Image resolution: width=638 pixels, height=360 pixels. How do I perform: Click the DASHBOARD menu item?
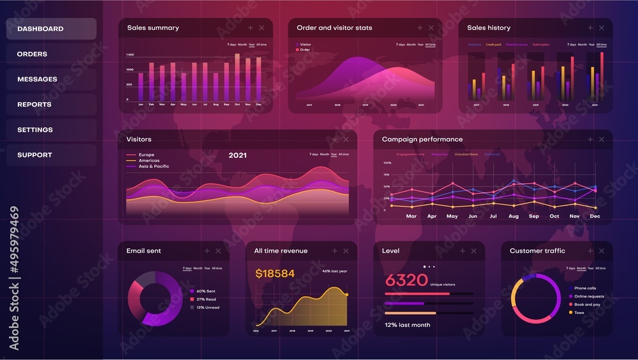click(x=40, y=29)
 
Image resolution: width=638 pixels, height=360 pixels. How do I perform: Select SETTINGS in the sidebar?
click(x=35, y=130)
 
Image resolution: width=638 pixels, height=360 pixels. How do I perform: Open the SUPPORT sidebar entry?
click(x=34, y=155)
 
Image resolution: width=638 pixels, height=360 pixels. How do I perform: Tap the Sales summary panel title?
click(x=152, y=28)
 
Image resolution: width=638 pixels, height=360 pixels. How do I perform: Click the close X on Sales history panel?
click(x=602, y=28)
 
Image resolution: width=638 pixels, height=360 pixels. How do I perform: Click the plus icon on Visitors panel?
click(x=334, y=139)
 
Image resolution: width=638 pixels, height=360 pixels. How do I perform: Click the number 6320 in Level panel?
click(x=406, y=280)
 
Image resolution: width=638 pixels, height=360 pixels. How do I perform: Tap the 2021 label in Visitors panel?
click(x=237, y=155)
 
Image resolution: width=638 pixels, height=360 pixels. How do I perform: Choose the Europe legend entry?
click(x=146, y=155)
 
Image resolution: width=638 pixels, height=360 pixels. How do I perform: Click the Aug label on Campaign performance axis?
click(x=514, y=216)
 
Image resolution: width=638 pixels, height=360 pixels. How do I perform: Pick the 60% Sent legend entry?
click(x=205, y=291)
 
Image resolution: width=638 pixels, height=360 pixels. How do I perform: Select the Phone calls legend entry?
click(x=584, y=289)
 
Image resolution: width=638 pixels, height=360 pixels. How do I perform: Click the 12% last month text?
click(x=407, y=325)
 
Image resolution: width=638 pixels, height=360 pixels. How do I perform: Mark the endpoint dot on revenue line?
click(x=346, y=294)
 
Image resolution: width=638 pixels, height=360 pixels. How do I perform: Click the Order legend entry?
click(x=304, y=50)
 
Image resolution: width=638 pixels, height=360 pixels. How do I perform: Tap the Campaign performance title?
click(x=422, y=139)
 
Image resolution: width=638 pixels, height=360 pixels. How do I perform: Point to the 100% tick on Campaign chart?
click(x=387, y=163)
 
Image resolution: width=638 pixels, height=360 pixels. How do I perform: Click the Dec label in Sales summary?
click(x=258, y=104)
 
